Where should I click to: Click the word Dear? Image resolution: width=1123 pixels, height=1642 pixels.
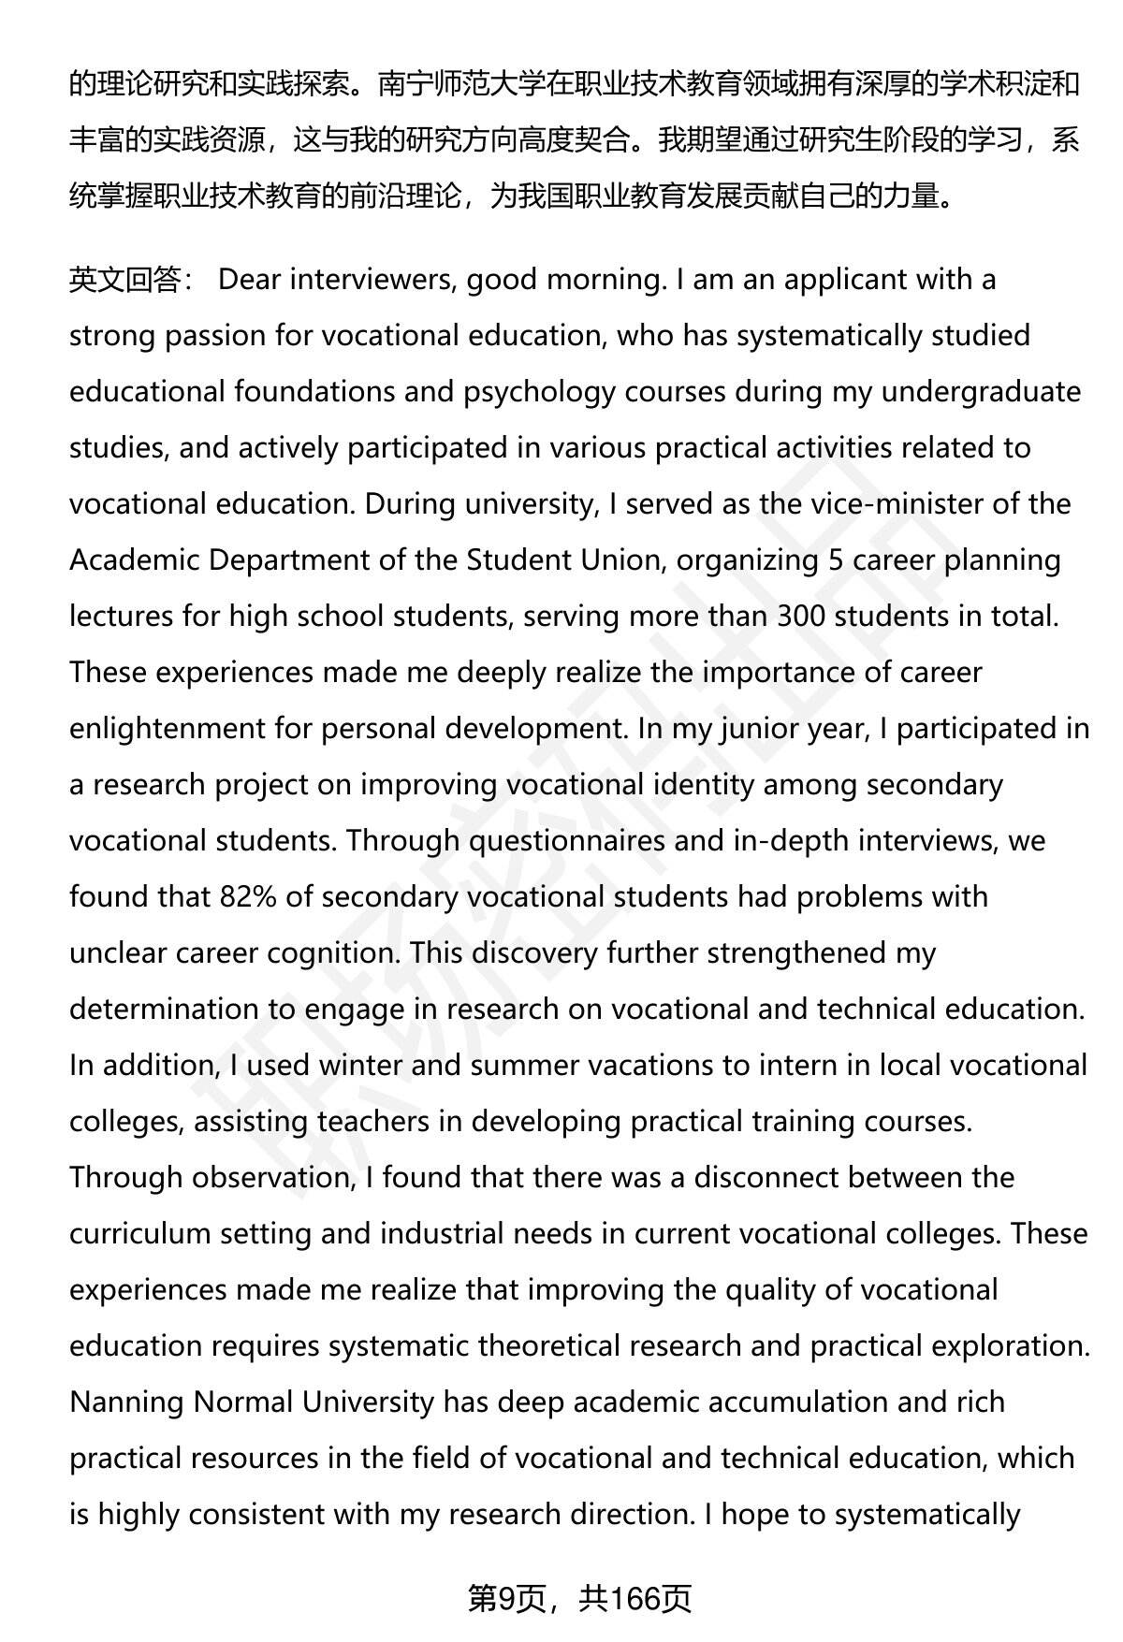tap(250, 280)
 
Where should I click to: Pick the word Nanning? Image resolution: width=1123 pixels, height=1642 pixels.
tap(126, 1402)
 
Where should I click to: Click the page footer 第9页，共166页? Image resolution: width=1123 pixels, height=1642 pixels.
tap(579, 1599)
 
